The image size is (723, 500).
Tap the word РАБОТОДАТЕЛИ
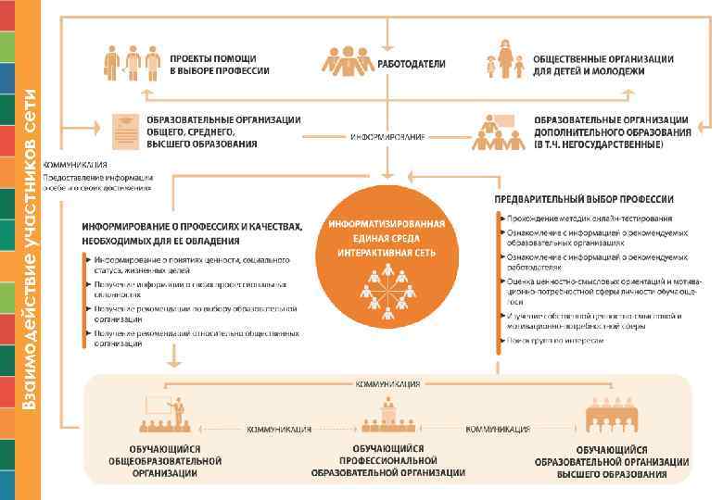click(411, 64)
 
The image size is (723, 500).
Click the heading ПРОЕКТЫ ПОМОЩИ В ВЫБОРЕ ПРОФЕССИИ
click(220, 63)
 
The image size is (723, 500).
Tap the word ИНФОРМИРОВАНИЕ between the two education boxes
click(387, 137)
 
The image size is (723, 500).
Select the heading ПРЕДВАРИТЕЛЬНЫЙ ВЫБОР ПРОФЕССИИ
click(584, 199)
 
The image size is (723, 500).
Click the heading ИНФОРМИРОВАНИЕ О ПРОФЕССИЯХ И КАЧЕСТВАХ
click(192, 231)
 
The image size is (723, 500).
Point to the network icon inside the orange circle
click(387, 288)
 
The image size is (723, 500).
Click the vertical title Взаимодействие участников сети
click(32, 250)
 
